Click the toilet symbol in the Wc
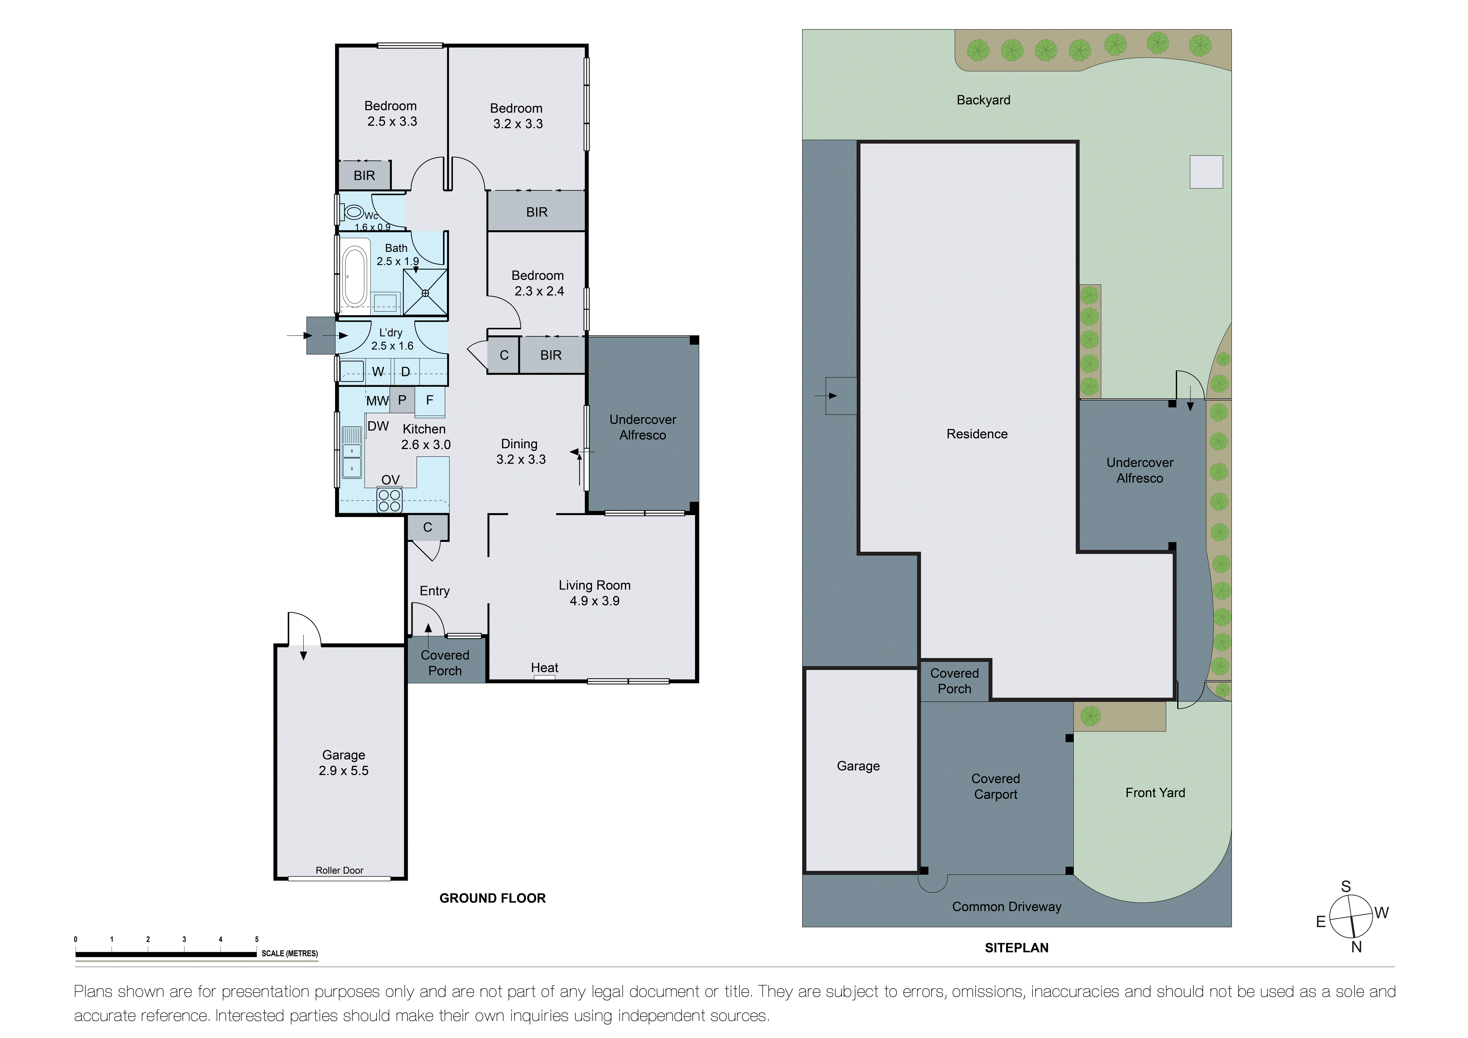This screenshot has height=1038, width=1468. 352,212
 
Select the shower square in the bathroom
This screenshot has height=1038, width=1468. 425,292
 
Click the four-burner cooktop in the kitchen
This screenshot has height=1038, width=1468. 389,500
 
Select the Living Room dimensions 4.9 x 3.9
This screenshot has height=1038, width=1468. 595,601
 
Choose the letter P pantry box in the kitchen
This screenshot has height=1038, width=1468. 402,400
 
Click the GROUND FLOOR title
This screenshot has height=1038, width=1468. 492,899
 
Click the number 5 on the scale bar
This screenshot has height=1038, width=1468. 256,940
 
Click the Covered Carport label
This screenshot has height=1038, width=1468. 995,787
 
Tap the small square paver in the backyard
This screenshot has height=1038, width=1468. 1206,172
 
